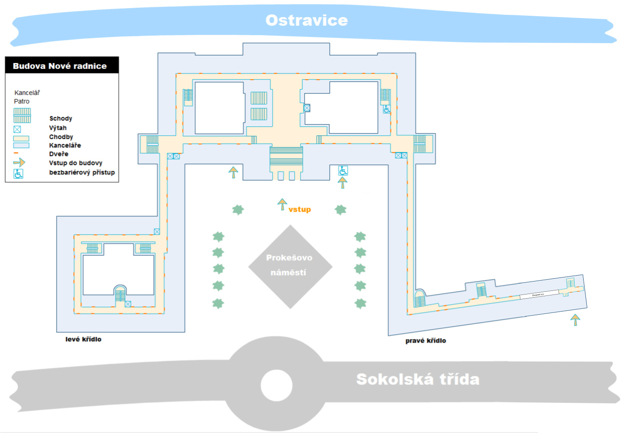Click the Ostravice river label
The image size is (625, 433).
point(306,20)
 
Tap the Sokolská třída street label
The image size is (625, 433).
point(417,379)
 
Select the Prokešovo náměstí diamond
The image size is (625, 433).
point(290,266)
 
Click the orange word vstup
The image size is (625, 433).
point(300,210)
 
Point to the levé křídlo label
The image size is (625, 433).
point(83,339)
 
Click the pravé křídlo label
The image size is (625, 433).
point(426,340)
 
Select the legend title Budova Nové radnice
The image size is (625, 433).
point(60,66)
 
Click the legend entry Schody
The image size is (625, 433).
point(61,118)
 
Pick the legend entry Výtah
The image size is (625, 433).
point(58,128)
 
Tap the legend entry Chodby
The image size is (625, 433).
point(61,137)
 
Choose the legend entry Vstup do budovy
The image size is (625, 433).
point(75,163)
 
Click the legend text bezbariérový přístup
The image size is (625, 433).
point(82,172)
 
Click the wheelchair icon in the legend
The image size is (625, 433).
point(18,174)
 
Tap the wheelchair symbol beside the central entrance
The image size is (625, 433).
point(343,170)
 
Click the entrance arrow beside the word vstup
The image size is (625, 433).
point(282,204)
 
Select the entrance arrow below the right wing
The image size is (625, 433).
point(575,320)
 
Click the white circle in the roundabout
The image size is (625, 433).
point(276,385)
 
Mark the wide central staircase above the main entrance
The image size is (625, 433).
point(286,156)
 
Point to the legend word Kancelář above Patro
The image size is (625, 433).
point(27,93)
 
